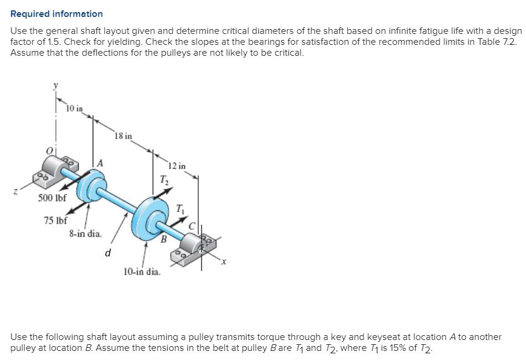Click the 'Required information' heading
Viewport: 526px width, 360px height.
(x=57, y=13)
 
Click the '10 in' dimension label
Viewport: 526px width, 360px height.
(x=75, y=108)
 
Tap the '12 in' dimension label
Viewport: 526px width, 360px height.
(x=177, y=165)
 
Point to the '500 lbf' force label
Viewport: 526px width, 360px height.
(x=52, y=198)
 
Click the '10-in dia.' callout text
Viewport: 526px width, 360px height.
(x=142, y=272)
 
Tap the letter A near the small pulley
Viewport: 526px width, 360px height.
(x=100, y=162)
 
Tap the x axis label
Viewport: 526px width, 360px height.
(x=224, y=262)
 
